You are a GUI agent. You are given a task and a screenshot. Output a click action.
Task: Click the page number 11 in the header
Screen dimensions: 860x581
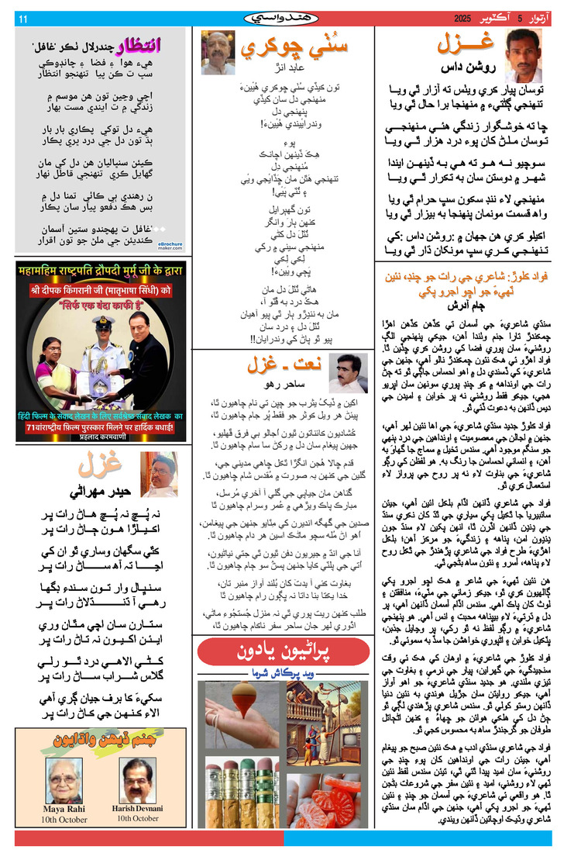pos(23,18)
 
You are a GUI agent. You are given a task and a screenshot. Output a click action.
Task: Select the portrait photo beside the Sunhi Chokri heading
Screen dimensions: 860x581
pos(218,53)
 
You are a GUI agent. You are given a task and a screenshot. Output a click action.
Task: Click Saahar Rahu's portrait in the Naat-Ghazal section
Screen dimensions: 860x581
pos(348,373)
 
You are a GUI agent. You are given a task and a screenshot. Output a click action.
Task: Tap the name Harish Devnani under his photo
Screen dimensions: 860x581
pos(138,809)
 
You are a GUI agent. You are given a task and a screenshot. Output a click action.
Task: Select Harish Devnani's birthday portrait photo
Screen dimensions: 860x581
pos(137,779)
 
